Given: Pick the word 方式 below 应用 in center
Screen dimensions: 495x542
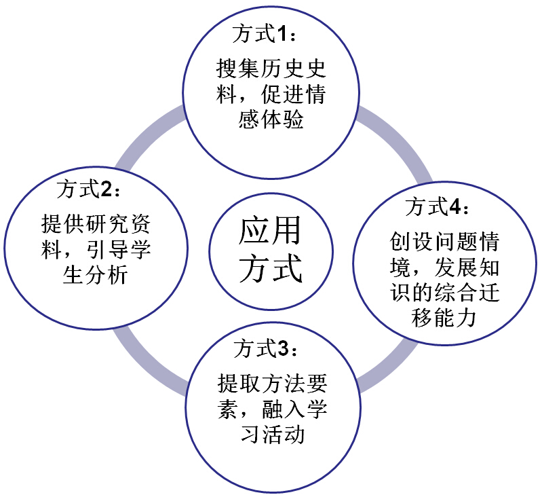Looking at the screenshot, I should point(269,268).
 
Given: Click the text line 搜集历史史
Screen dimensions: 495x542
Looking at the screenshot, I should point(271,68).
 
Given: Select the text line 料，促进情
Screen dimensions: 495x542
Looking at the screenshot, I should point(271,94).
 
